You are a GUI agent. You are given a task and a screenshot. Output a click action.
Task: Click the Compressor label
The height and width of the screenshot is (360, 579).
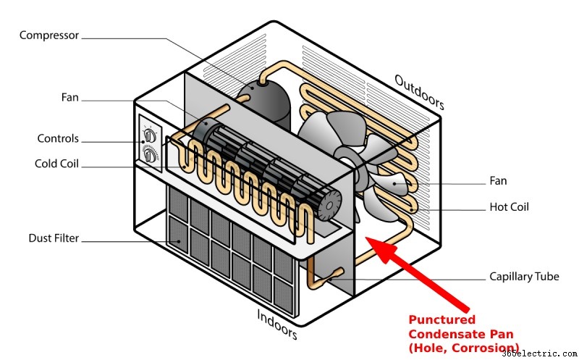49,35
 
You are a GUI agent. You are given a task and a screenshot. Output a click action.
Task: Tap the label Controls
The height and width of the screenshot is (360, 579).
58,138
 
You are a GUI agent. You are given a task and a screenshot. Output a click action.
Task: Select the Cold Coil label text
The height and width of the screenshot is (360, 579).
56,164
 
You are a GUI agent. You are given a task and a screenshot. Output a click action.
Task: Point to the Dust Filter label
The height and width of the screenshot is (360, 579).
54,238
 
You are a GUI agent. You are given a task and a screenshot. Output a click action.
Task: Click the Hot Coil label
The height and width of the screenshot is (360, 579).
510,207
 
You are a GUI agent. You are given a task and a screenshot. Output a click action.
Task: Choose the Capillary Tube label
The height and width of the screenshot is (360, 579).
524,277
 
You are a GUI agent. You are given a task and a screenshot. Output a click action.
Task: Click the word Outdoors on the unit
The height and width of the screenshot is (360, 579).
419,92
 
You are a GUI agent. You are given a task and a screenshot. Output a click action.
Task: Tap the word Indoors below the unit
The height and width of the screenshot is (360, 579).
277,325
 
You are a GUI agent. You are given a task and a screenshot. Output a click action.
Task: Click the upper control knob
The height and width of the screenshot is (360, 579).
150,135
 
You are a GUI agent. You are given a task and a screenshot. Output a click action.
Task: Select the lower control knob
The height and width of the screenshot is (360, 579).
150,155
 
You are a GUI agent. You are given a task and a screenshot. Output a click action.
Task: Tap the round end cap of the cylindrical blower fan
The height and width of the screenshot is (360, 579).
329,206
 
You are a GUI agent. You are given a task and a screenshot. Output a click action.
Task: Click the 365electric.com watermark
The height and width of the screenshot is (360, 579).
540,353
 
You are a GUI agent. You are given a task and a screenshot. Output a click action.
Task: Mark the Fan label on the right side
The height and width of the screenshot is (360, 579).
498,181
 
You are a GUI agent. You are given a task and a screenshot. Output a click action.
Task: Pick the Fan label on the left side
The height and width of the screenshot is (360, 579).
69,98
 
